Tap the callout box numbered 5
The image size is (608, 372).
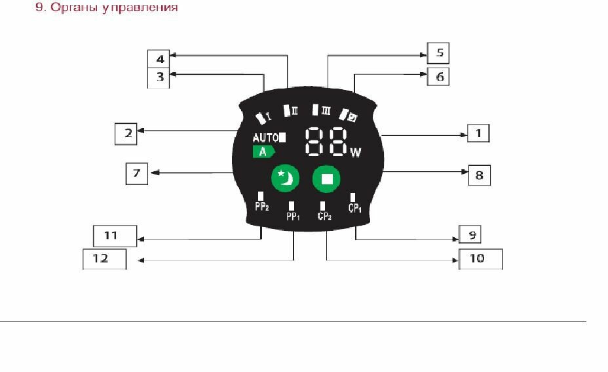click(x=438, y=53)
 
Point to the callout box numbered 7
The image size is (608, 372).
click(x=137, y=175)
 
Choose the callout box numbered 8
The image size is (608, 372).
click(x=479, y=175)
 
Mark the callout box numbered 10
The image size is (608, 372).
click(x=480, y=258)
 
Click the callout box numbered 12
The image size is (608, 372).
click(x=104, y=258)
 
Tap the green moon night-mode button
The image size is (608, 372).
click(x=286, y=178)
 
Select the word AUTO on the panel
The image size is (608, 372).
click(x=265, y=138)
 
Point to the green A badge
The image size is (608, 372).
click(x=263, y=152)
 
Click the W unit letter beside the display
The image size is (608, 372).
click(x=356, y=153)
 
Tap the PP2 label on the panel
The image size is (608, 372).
click(x=261, y=207)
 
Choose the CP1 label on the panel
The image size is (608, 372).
click(x=355, y=207)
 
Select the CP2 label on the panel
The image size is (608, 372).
click(x=324, y=216)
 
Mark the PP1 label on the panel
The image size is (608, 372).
click(x=293, y=216)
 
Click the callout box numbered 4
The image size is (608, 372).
click(x=159, y=59)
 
